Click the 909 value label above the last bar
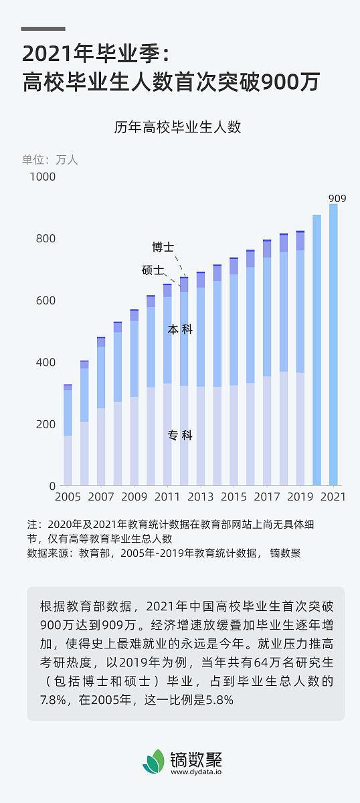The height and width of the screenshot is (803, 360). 337,198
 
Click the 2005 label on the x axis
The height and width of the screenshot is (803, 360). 68,497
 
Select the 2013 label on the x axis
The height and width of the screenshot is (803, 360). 201,497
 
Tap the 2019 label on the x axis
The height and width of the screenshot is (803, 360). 300,497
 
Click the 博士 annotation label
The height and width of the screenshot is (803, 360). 163,248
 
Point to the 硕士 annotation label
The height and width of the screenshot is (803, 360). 153,270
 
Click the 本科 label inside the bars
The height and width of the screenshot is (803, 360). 180,330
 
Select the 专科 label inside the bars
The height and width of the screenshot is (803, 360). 180,436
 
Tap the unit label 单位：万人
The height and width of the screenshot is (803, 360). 50,160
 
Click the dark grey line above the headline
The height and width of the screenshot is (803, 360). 43,29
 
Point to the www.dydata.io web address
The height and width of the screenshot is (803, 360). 197,772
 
